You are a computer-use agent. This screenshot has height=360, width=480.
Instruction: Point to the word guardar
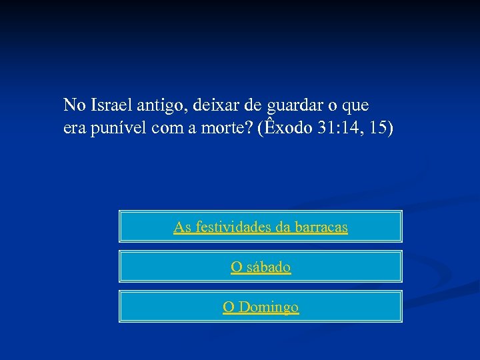point(289,105)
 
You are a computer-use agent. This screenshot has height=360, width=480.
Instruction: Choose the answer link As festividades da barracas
point(261,227)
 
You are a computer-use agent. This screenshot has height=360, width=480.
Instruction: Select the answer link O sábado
point(261,267)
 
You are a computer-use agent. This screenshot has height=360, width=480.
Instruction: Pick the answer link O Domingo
point(261,307)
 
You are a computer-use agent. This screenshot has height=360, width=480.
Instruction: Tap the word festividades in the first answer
point(230,227)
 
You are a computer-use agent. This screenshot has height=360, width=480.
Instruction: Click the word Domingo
point(269,307)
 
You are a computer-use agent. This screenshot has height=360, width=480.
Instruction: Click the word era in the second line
point(74,129)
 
